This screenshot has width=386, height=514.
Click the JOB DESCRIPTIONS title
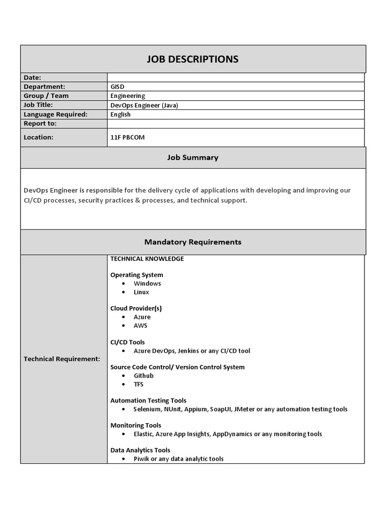pyautogui.click(x=192, y=59)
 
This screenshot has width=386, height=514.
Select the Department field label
pyautogui.click(x=44, y=87)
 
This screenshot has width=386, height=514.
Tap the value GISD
pyautogui.click(x=117, y=87)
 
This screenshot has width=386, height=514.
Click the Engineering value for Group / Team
pyautogui.click(x=128, y=96)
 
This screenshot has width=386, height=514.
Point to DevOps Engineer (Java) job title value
pyautogui.click(x=144, y=105)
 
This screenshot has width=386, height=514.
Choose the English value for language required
pyautogui.click(x=121, y=114)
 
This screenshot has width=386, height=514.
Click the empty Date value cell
pyautogui.click(x=235, y=77)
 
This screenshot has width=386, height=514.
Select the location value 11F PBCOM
pyautogui.click(x=128, y=137)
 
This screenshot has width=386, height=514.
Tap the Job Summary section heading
pyautogui.click(x=192, y=158)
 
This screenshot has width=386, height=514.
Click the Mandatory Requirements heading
pyautogui.click(x=192, y=242)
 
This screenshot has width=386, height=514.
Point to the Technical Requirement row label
pyautogui.click(x=62, y=359)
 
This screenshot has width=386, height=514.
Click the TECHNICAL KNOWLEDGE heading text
pyautogui.click(x=147, y=259)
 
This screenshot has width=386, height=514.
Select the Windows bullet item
pyautogui.click(x=147, y=284)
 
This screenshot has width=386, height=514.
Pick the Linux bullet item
pyautogui.click(x=141, y=292)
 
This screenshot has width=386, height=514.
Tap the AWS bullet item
pyautogui.click(x=140, y=326)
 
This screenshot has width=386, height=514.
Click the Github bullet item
pyautogui.click(x=143, y=376)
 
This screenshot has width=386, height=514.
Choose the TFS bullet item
pyautogui.click(x=138, y=384)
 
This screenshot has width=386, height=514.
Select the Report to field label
pyautogui.click(x=40, y=123)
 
